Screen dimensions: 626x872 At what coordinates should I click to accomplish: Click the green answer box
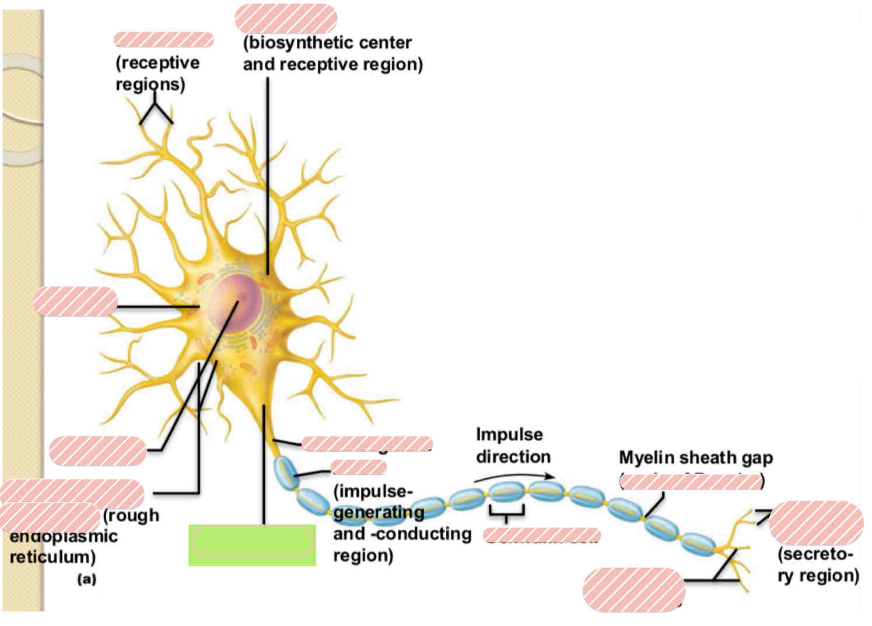pyautogui.click(x=252, y=544)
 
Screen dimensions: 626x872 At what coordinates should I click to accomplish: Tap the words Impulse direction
pyautogui.click(x=512, y=445)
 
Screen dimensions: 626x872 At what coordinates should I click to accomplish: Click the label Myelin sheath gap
pyautogui.click(x=695, y=458)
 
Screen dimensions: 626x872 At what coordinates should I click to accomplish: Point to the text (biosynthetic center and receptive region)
pyautogui.click(x=332, y=53)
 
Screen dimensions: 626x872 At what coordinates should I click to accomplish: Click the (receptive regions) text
pyautogui.click(x=157, y=73)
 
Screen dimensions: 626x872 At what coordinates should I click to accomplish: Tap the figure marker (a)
pyautogui.click(x=86, y=579)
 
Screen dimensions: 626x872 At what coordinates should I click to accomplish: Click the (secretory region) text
pyautogui.click(x=818, y=564)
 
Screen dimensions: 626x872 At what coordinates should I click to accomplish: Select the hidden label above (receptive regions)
pyautogui.click(x=164, y=40)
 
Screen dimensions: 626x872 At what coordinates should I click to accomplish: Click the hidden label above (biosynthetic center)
pyautogui.click(x=286, y=18)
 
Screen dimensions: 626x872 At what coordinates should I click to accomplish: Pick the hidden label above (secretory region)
pyautogui.click(x=815, y=522)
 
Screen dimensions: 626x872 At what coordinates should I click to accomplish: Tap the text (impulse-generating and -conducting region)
pyautogui.click(x=401, y=523)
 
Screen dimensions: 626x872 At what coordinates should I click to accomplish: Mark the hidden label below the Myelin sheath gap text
pyautogui.click(x=691, y=481)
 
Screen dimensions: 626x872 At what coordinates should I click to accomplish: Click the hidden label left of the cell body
pyautogui.click(x=75, y=301)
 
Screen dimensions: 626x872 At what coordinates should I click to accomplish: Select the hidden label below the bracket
pyautogui.click(x=541, y=534)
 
